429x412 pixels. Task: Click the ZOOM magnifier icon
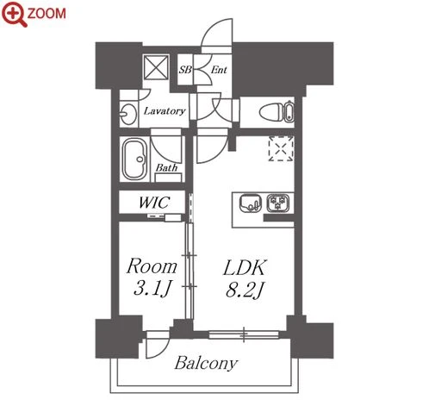click(14, 14)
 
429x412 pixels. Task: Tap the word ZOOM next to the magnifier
click(47, 14)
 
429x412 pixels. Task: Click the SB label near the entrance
click(185, 70)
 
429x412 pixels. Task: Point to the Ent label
click(219, 70)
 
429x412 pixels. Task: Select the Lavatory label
click(165, 111)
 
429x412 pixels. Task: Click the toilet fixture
click(277, 112)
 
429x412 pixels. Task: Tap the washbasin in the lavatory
click(127, 114)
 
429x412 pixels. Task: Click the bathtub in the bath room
click(134, 159)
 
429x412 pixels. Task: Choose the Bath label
click(166, 167)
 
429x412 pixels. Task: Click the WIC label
click(154, 203)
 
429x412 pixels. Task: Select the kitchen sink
click(251, 203)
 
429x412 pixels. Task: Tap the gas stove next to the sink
click(277, 203)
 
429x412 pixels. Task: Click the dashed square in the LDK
click(281, 148)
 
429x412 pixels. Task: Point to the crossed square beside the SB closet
click(156, 67)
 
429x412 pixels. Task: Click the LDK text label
click(245, 268)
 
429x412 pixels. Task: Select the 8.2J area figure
click(245, 290)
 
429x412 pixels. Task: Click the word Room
click(152, 266)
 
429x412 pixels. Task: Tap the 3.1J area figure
click(152, 288)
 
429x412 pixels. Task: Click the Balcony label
click(206, 363)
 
